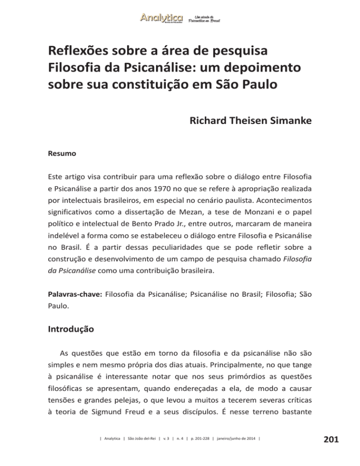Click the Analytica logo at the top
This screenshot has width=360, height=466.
tap(161, 18)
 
